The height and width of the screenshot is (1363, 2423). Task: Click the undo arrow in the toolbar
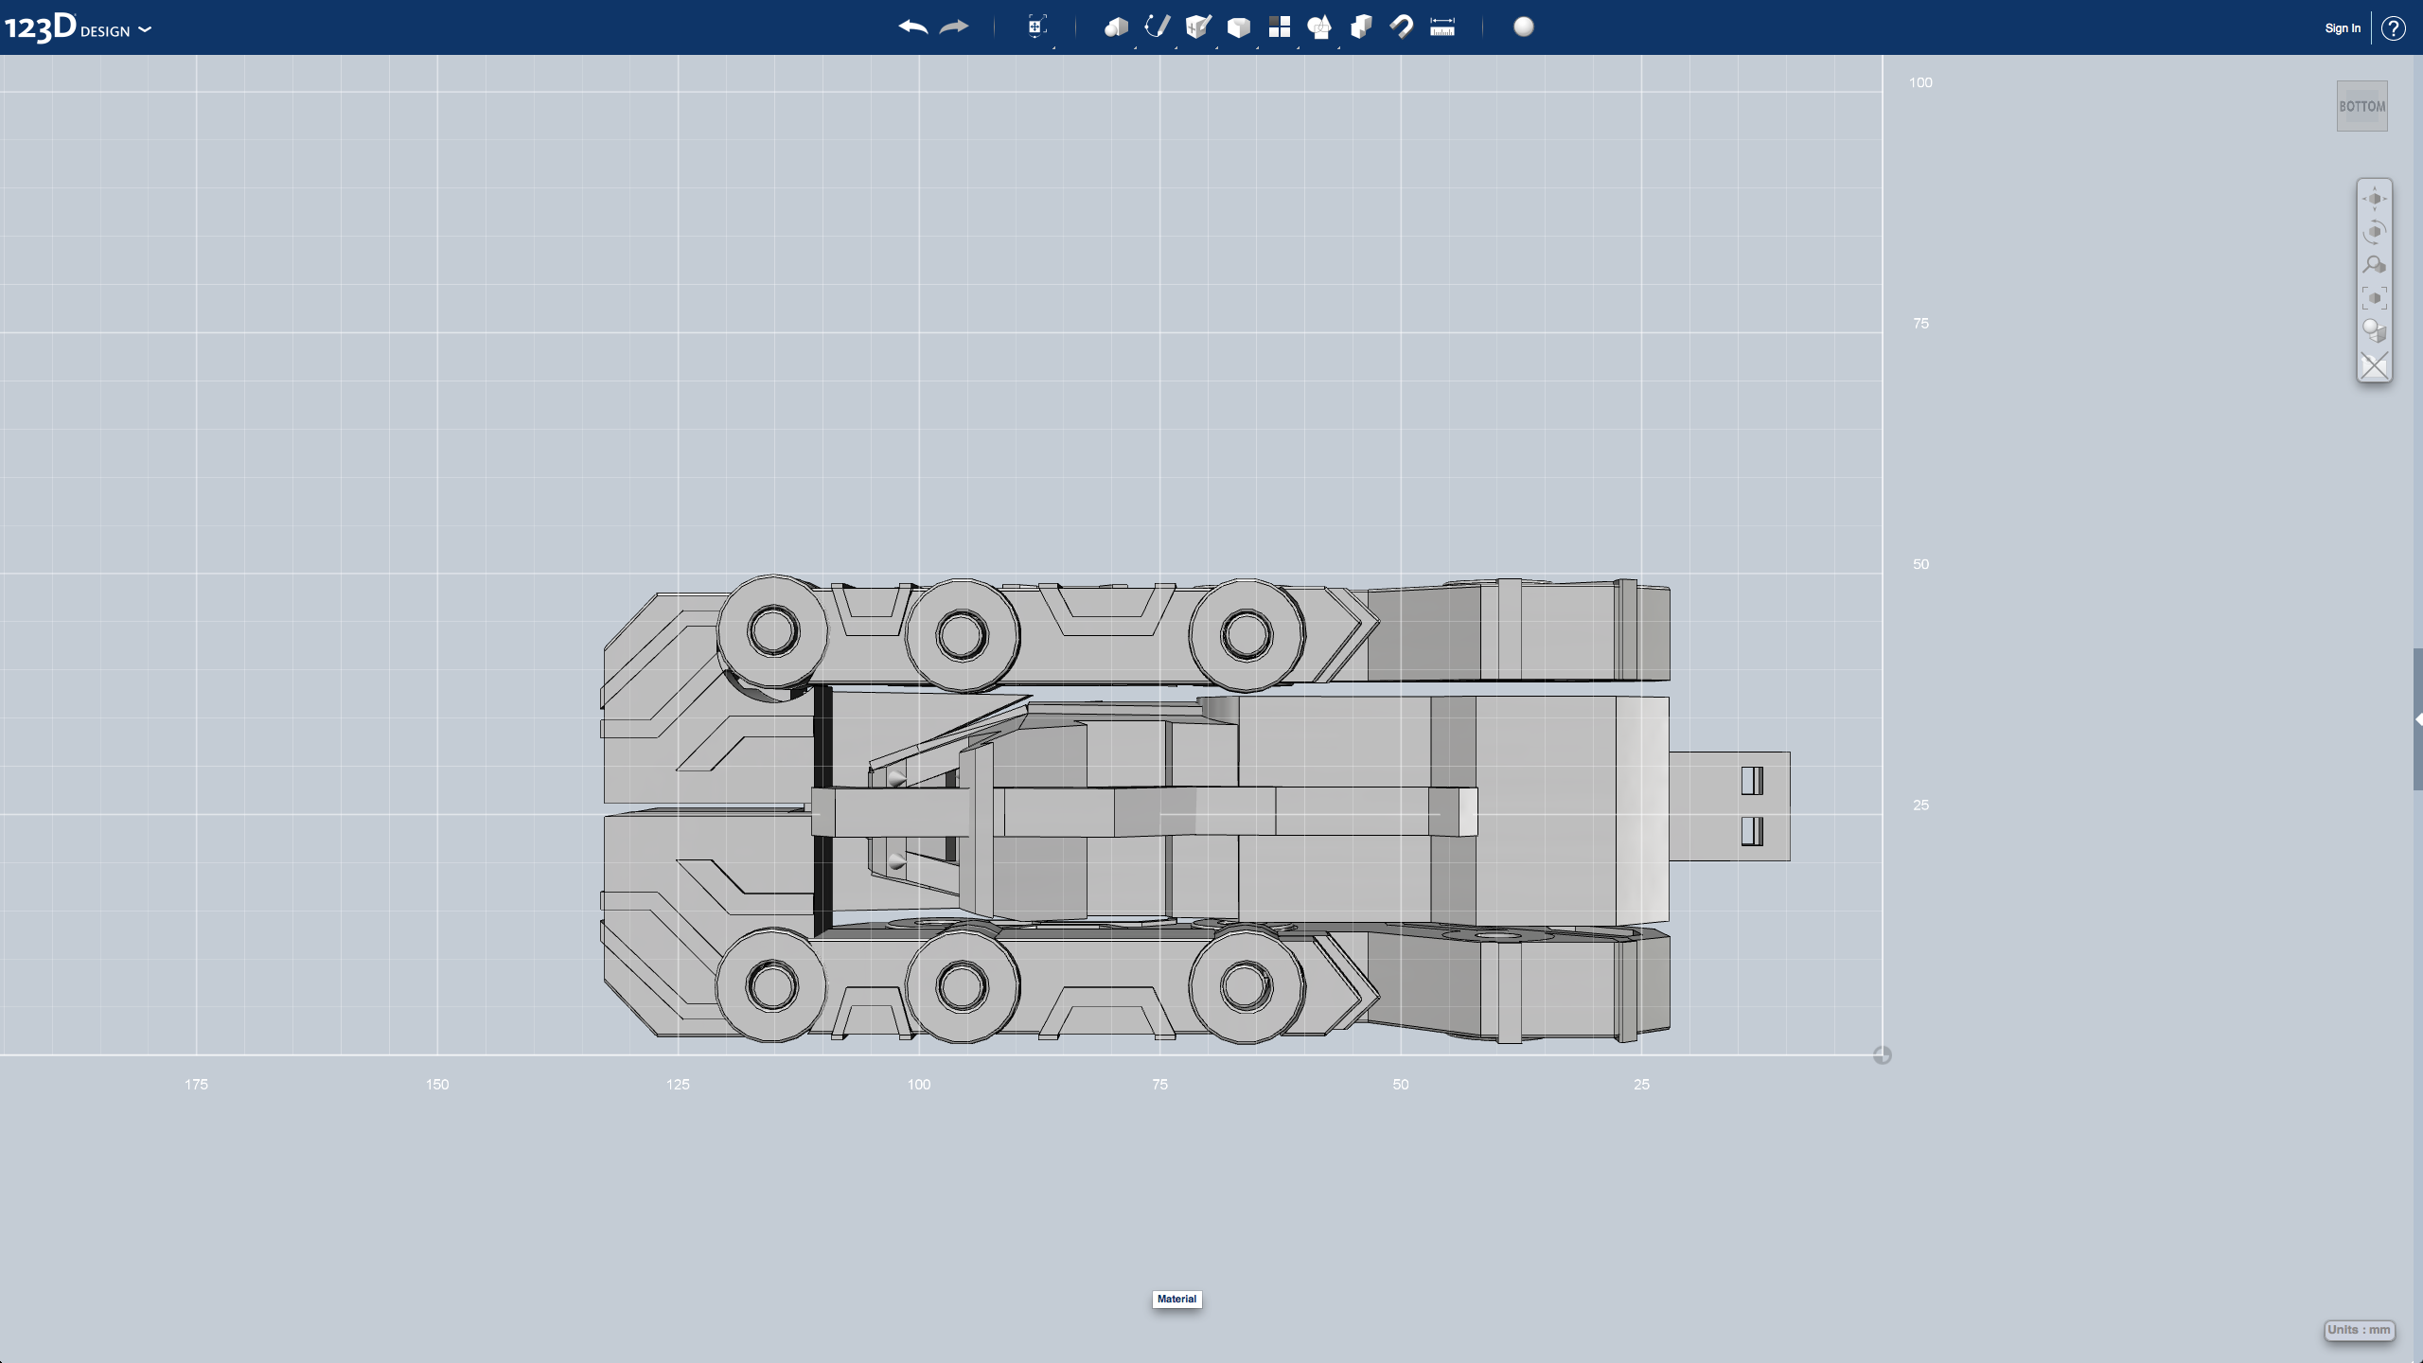coord(912,27)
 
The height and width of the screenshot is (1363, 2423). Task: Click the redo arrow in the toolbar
coord(954,27)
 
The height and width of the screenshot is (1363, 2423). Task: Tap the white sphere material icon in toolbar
coord(1523,27)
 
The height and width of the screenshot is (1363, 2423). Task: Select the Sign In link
coord(2342,28)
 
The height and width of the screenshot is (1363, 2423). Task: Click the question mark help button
coord(2393,28)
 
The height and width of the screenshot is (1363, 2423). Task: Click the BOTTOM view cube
coord(2361,106)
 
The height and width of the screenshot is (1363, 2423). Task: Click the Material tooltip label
coord(1176,1299)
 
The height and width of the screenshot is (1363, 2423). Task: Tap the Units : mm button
coord(2359,1330)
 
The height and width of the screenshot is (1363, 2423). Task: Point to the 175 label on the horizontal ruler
coord(196,1085)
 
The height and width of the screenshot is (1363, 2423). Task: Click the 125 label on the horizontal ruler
coord(678,1085)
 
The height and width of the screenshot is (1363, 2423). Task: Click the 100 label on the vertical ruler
coord(1919,83)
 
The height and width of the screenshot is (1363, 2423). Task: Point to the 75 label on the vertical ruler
coord(1919,324)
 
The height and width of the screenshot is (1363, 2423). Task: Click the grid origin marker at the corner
coord(1882,1055)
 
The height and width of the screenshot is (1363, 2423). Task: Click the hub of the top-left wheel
coord(773,631)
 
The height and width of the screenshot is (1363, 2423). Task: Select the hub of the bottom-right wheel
coord(1246,986)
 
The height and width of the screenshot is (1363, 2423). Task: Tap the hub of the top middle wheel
coord(962,634)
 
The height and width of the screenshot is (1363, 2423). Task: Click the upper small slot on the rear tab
coord(1751,781)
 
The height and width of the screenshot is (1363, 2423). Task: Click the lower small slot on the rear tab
coord(1751,831)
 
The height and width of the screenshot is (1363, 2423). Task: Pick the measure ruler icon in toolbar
coord(1441,27)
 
